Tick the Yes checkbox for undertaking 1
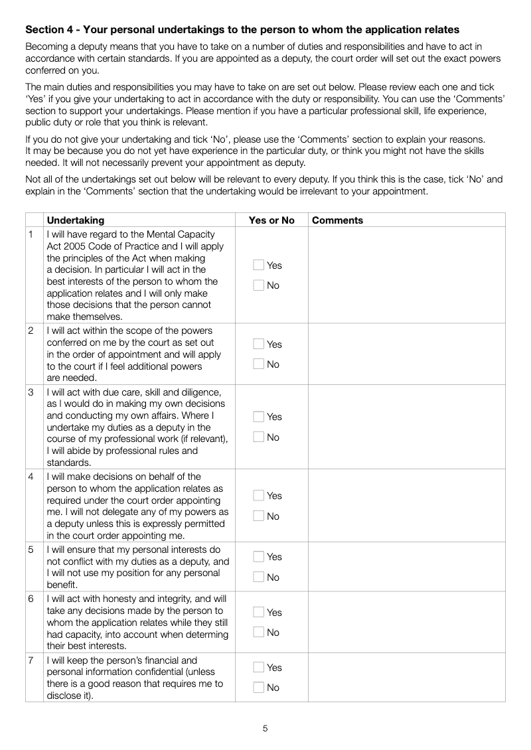[259, 265]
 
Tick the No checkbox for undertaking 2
[259, 364]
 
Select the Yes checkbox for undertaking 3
[259, 417]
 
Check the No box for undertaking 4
[259, 516]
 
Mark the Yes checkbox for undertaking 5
[259, 557]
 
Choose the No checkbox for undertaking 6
[259, 633]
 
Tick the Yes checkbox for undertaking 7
[259, 668]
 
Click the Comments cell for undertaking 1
[406, 275]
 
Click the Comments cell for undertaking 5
[406, 567]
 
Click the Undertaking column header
[76, 220]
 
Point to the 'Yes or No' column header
[271, 220]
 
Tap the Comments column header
[337, 220]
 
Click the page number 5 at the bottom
[265, 728]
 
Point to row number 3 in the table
[31, 392]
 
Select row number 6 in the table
[31, 599]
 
